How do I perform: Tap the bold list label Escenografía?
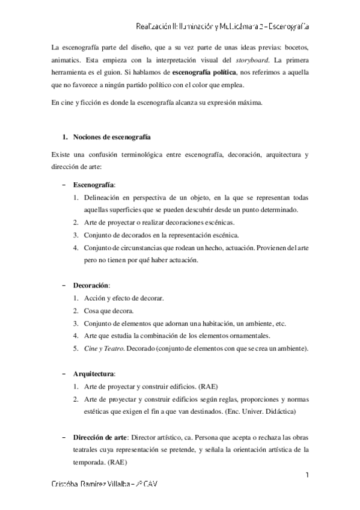click(93, 183)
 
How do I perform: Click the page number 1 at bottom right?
click(307, 475)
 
